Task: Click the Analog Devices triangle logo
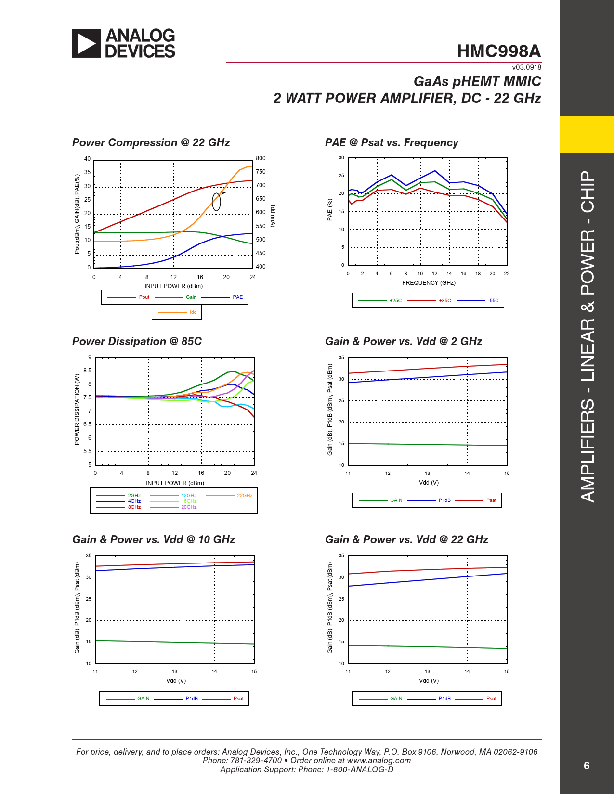coord(87,43)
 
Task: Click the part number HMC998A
coord(498,51)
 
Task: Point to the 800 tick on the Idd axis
coord(261,158)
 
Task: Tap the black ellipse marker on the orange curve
coord(217,202)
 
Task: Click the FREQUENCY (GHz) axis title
coord(429,283)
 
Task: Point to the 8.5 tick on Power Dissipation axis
coord(87,371)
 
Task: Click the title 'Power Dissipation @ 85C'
coord(137,341)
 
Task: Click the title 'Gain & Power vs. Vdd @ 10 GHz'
coord(153,539)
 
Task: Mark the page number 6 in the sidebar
coord(586,766)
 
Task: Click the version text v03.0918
coord(526,68)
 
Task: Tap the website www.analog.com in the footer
coord(379,760)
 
